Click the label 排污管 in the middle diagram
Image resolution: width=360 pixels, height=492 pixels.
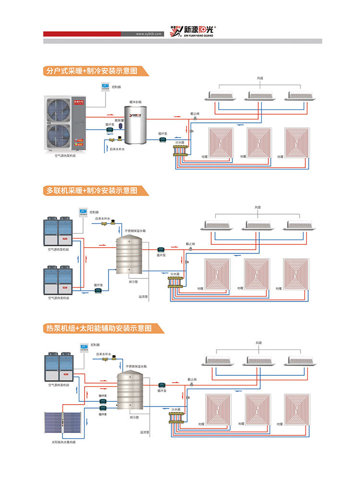pyautogui.click(x=133, y=282)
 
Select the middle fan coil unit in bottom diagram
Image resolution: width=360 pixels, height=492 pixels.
pyautogui.click(x=260, y=360)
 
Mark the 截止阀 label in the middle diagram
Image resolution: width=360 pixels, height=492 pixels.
pyautogui.click(x=190, y=244)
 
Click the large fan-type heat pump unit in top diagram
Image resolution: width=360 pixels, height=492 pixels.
pyautogui.click(x=64, y=123)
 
